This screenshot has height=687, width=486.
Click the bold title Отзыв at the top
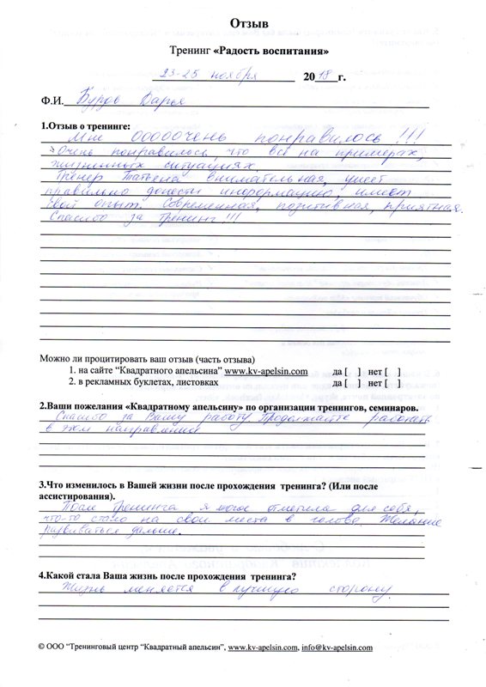coord(244,20)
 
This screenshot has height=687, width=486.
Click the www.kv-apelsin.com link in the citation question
coord(259,371)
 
